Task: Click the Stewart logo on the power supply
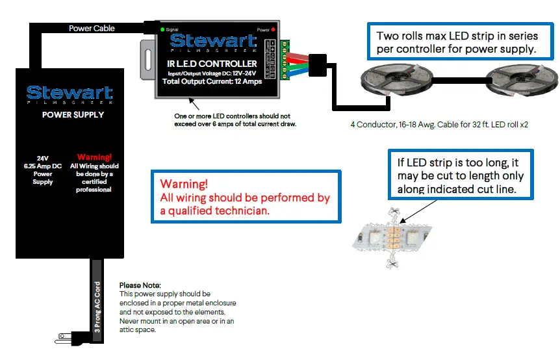tap(70, 94)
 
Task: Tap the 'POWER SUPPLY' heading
tap(70, 115)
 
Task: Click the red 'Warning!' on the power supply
tap(94, 157)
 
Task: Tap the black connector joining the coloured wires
tap(320, 64)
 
